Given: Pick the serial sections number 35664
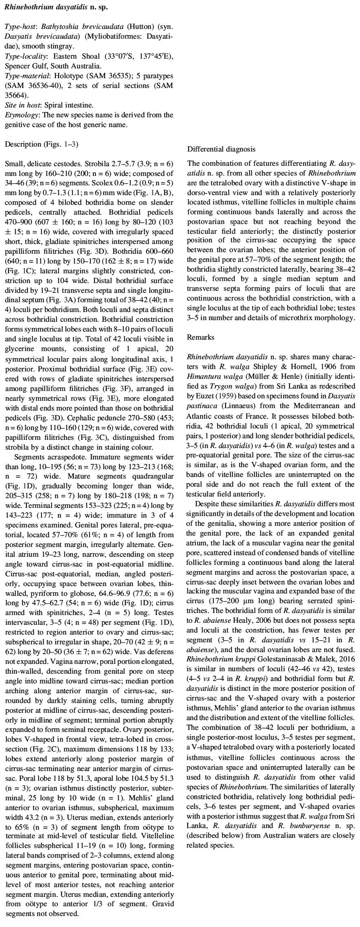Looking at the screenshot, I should (15, 96).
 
